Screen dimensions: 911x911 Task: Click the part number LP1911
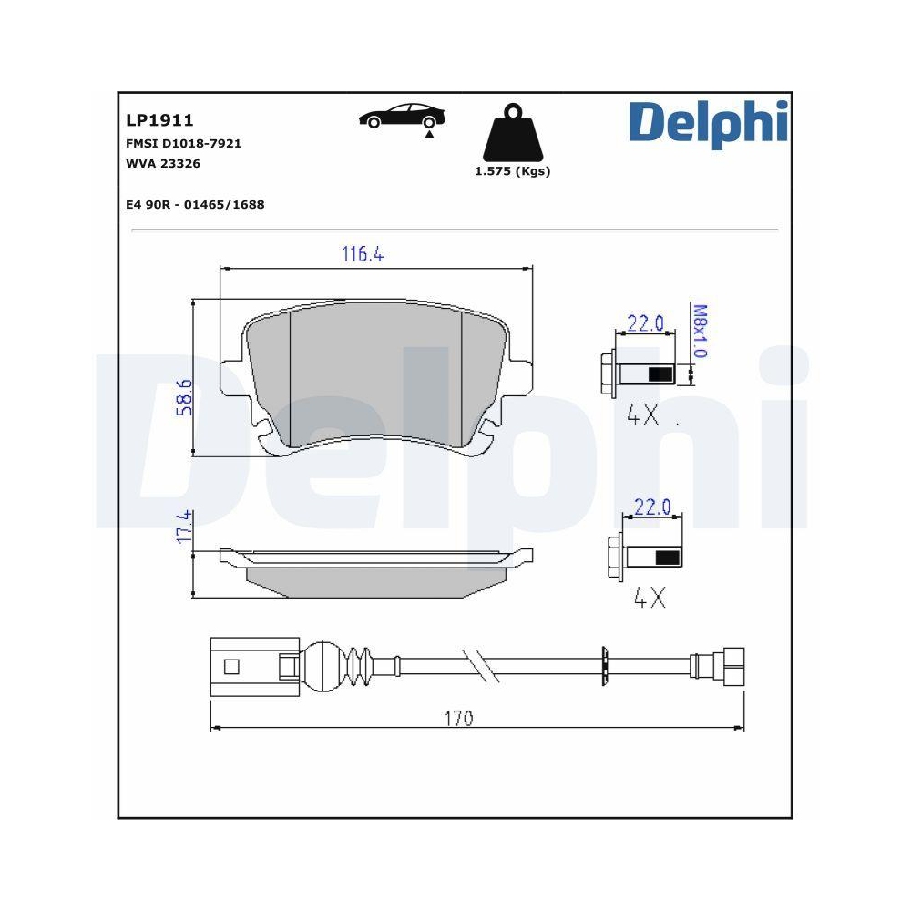click(x=159, y=120)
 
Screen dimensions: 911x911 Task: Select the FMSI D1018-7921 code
click(x=183, y=144)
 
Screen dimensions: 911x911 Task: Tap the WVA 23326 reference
click(x=163, y=164)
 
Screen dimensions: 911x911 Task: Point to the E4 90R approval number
click(x=195, y=205)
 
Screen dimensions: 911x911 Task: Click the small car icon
click(x=402, y=118)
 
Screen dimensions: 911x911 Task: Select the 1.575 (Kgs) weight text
click(x=513, y=171)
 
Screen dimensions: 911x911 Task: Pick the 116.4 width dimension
click(x=363, y=255)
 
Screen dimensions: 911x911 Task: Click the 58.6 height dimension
click(x=183, y=398)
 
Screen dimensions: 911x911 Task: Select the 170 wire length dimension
click(x=458, y=719)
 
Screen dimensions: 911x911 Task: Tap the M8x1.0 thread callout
click(x=700, y=332)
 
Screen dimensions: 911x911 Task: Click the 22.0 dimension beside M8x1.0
click(x=645, y=323)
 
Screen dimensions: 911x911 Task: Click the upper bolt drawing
click(x=639, y=374)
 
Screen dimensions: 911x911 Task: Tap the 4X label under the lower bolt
click(x=650, y=599)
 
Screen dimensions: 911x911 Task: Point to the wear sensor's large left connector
click(x=244, y=666)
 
